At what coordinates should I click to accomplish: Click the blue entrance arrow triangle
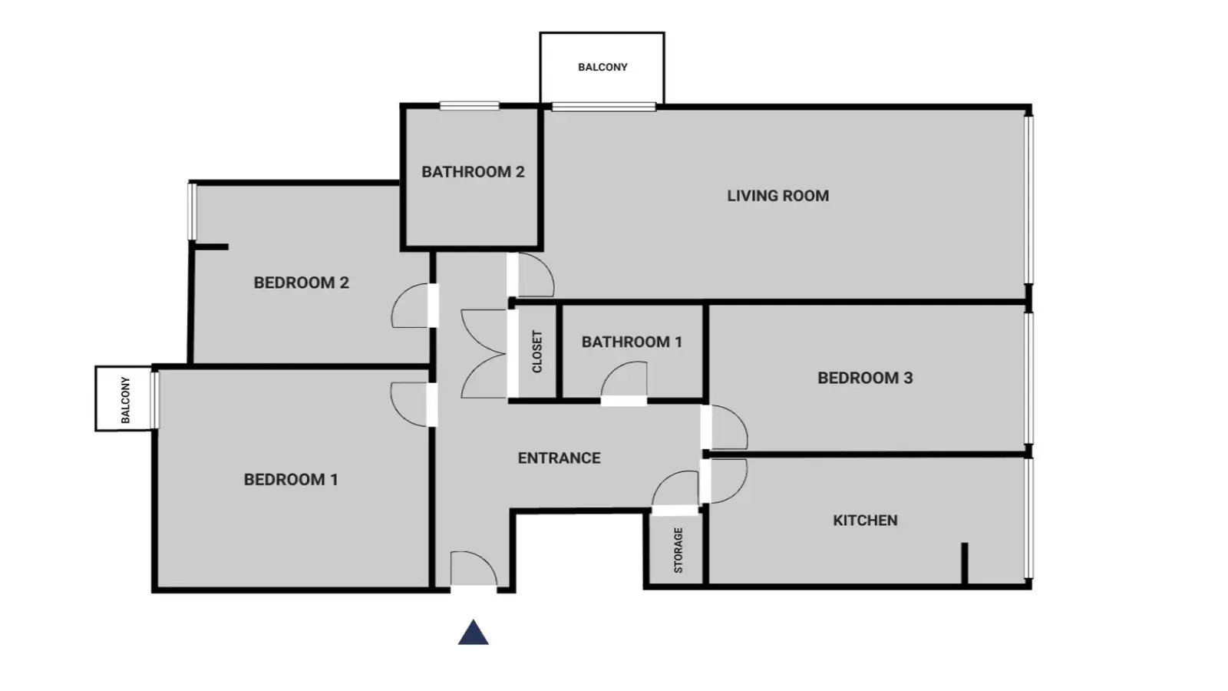click(x=473, y=633)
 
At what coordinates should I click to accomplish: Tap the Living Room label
click(x=778, y=196)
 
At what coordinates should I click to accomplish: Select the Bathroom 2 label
click(x=473, y=172)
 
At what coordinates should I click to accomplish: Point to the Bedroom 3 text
click(x=865, y=378)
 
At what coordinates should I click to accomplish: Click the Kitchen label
click(x=865, y=521)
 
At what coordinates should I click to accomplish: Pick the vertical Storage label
click(x=678, y=550)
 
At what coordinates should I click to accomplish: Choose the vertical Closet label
click(x=537, y=352)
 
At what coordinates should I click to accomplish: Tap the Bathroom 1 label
click(x=632, y=342)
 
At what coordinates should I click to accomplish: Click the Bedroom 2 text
click(x=301, y=283)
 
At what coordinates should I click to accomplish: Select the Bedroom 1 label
click(x=291, y=480)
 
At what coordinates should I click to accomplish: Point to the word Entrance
click(x=560, y=458)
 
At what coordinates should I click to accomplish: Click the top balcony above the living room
click(x=602, y=68)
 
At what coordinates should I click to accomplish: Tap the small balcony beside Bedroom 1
click(x=124, y=398)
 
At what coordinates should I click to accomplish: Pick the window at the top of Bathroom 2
click(x=469, y=106)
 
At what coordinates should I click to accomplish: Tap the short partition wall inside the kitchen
click(x=964, y=564)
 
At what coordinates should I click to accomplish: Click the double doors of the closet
click(x=484, y=354)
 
